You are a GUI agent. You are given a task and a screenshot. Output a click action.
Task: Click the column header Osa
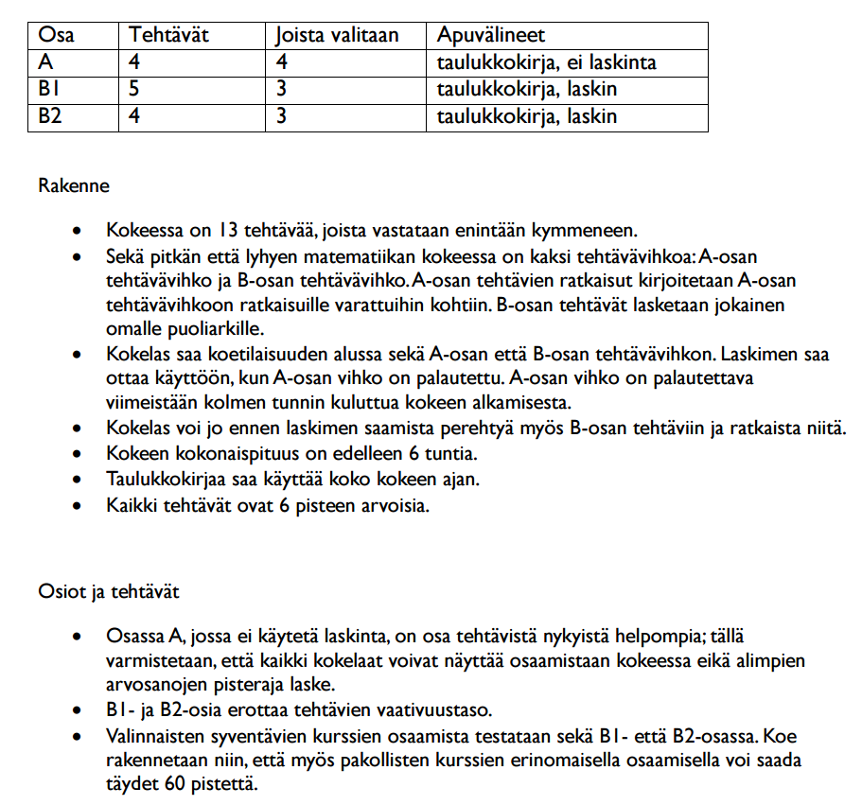pos(57,36)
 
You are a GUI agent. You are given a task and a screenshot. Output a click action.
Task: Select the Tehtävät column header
pos(169,36)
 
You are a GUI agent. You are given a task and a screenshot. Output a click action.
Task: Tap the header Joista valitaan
pos(337,36)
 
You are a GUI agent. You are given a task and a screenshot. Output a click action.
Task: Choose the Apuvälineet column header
pos(490,36)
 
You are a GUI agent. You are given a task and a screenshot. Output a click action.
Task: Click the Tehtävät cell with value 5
pos(136,90)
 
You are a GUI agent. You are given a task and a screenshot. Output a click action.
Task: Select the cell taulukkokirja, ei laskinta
pos(546,63)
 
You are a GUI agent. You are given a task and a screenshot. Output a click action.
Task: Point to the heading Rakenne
pos(73,185)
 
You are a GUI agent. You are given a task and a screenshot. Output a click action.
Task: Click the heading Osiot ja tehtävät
pos(108,592)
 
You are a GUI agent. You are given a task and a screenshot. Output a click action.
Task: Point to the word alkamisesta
pos(519,401)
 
